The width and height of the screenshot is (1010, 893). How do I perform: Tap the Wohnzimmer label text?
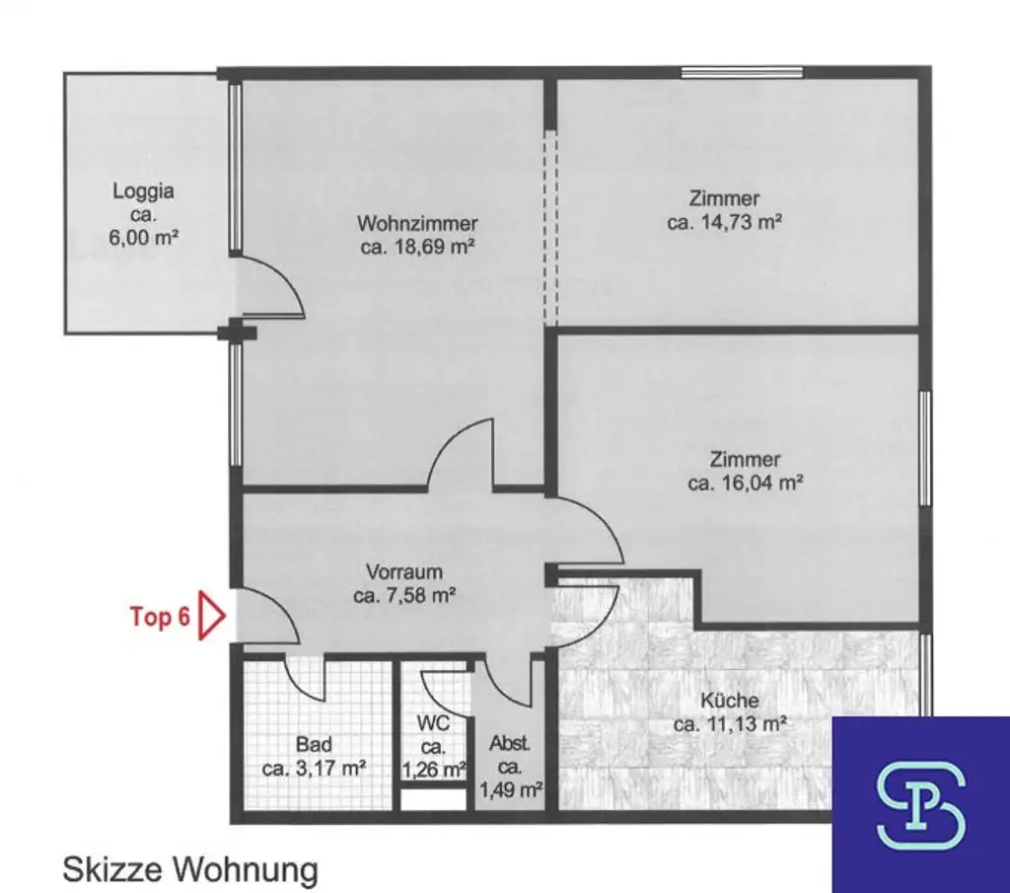pos(417,224)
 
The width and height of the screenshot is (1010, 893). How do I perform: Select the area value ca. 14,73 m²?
pos(725,223)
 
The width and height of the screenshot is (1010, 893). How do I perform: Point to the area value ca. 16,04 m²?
pos(745,484)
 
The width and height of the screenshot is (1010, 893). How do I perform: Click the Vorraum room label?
pos(403,571)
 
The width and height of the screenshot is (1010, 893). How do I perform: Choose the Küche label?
pos(730,701)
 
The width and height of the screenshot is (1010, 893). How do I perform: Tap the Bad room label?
pos(315,744)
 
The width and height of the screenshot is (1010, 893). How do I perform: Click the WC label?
pos(434,723)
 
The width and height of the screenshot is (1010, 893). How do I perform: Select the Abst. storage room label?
pos(509,746)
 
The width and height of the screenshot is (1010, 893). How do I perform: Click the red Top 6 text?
pos(160,617)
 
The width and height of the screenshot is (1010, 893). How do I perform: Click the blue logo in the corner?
pos(920,803)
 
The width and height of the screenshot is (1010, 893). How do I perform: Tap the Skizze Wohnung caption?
pos(190,869)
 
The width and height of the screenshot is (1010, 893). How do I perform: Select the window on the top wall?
pos(742,71)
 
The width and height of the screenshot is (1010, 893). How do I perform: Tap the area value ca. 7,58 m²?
pos(403,595)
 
